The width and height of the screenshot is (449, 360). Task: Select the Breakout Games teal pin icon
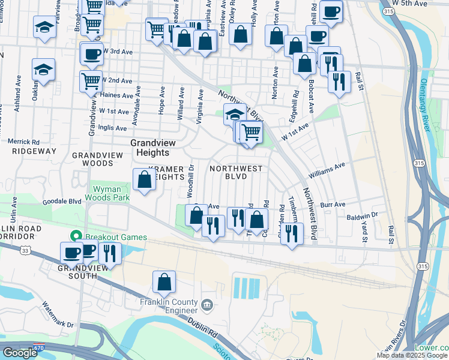point(76,236)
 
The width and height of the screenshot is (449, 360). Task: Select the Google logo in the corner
point(20,353)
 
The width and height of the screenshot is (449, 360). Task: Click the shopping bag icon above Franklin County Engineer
point(164,283)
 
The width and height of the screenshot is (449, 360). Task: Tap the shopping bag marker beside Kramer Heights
point(145,180)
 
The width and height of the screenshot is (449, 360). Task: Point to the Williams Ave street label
point(327,170)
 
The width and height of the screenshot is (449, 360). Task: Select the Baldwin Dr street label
point(361,214)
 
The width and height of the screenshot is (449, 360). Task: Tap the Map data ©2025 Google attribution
point(412,355)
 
